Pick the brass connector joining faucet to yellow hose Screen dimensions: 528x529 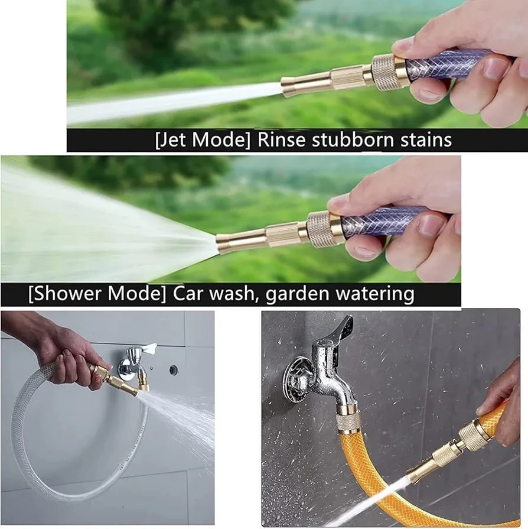point(348,420)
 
